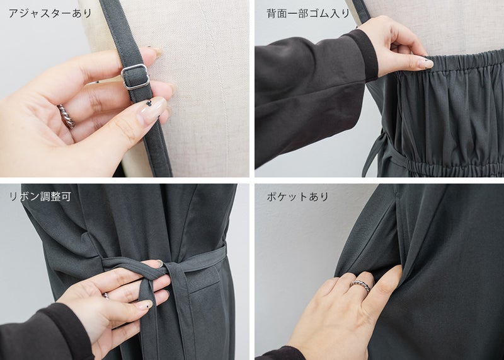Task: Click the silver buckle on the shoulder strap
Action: [x=135, y=76]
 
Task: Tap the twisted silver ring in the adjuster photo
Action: [x=66, y=116]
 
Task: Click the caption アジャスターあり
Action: [x=50, y=13]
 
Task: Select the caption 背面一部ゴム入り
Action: [x=307, y=13]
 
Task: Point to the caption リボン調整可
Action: [x=40, y=196]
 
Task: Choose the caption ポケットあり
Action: [x=297, y=196]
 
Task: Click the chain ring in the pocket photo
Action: [x=360, y=285]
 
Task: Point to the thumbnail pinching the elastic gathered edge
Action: [x=425, y=63]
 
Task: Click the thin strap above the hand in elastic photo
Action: [x=362, y=11]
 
